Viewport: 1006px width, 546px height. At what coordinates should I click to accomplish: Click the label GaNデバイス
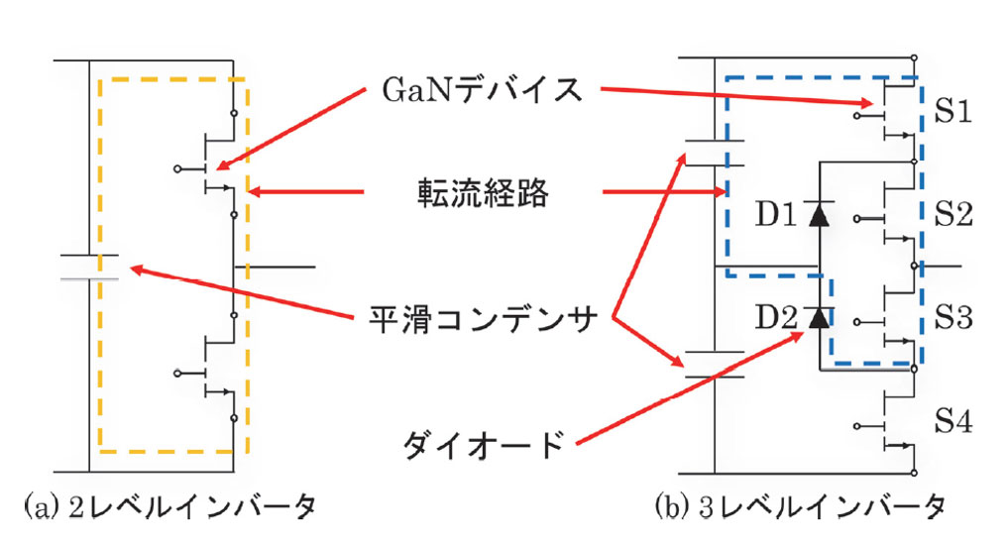point(483,90)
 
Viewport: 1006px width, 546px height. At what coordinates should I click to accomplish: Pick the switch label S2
point(954,214)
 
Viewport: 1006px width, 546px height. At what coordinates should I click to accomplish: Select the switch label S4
point(954,423)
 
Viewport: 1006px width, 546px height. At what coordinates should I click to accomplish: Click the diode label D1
point(777,214)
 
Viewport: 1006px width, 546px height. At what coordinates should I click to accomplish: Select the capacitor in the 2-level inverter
point(89,267)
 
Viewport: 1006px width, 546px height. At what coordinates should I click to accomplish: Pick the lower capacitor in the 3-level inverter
point(715,364)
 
